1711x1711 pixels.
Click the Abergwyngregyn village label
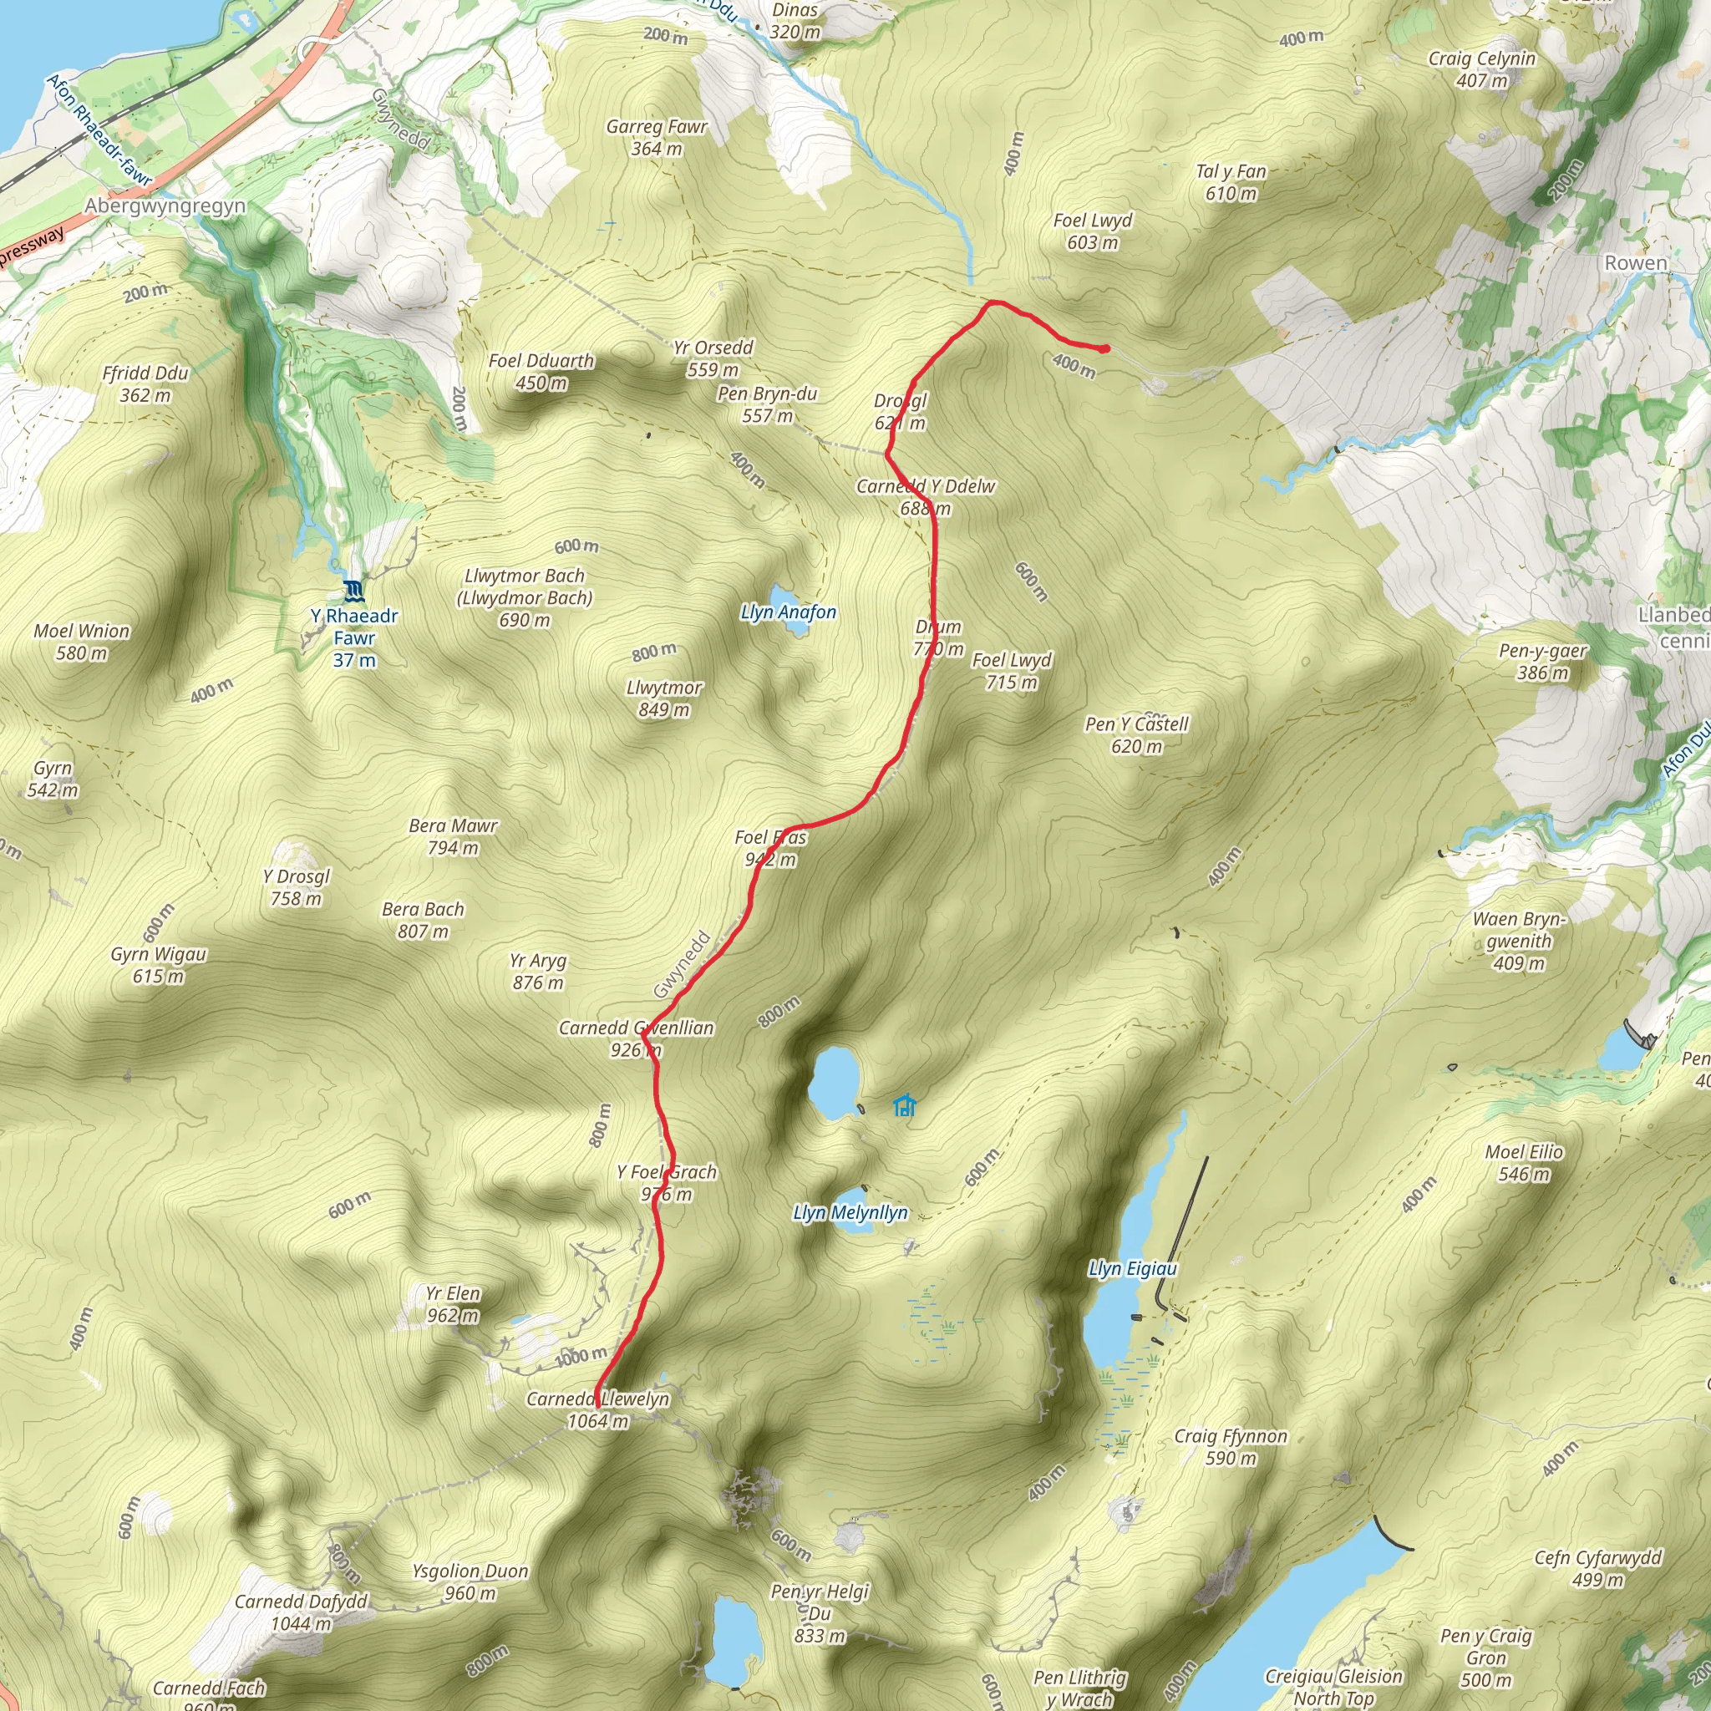(x=165, y=206)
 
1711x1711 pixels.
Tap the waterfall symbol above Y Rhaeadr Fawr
(x=354, y=591)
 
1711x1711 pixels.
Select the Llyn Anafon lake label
(x=788, y=612)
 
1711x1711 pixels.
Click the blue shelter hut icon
(x=903, y=1105)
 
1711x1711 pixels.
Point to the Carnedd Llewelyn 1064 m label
(x=598, y=1410)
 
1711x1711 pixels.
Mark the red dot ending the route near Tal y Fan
(x=1104, y=349)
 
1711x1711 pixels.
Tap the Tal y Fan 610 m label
(x=1231, y=182)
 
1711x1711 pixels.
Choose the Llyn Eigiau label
(x=1133, y=1269)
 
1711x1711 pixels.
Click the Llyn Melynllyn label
(x=850, y=1213)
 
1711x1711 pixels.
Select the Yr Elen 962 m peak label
(x=453, y=1304)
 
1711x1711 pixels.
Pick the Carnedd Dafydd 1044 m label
(x=300, y=1612)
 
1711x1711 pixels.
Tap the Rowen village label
(x=1636, y=263)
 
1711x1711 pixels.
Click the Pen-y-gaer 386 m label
(x=1543, y=662)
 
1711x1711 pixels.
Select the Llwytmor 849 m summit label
(x=664, y=698)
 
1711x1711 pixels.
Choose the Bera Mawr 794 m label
(x=454, y=837)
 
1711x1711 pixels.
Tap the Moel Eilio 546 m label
(x=1524, y=1163)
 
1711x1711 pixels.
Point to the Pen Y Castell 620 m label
(x=1137, y=735)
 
